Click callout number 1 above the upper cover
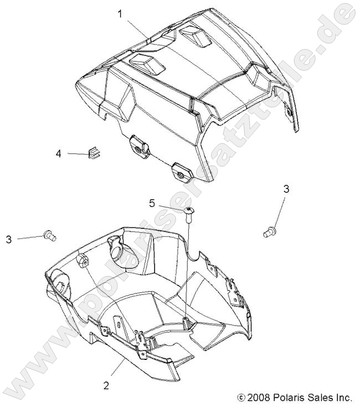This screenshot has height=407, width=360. tap(120, 14)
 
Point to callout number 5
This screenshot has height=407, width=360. tap(152, 203)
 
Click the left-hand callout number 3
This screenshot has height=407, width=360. tap(8, 239)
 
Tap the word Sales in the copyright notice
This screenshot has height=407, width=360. tap(320, 397)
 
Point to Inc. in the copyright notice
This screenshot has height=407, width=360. tap(344, 397)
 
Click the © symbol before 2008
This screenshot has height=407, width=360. tap(240, 398)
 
